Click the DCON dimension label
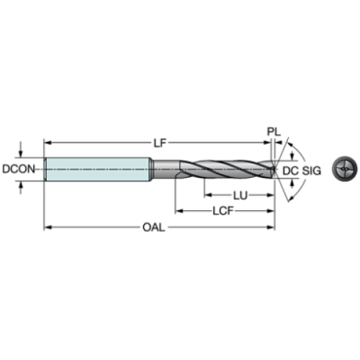pos(18,169)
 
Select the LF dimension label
pos(160,143)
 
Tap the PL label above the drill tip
pos(273,132)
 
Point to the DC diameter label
pos(290,170)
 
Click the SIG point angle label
pos(312,170)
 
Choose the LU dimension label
pos(240,195)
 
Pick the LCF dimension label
pos(223,211)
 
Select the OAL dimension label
pos(154,228)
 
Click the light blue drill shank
pos(98,169)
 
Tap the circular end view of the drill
pos(345,169)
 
